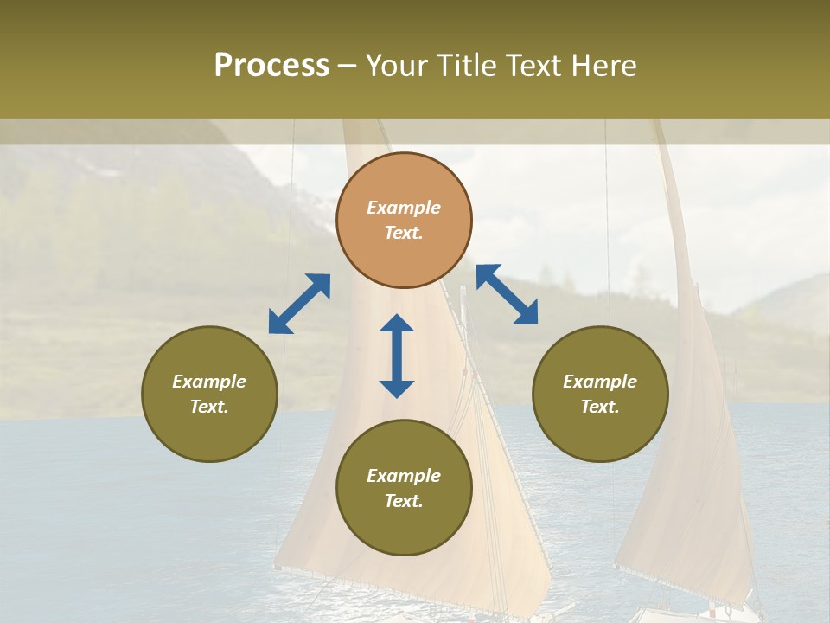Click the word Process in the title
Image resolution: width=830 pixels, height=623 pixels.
pyautogui.click(x=271, y=66)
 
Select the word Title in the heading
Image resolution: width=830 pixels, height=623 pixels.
pyautogui.click(x=464, y=66)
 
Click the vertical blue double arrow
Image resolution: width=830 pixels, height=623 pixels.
pyautogui.click(x=397, y=356)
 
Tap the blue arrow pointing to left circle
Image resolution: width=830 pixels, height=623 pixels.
pyautogui.click(x=299, y=304)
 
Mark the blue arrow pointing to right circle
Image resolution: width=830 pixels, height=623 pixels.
pyautogui.click(x=507, y=294)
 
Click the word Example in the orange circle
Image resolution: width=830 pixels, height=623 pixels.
pyautogui.click(x=404, y=208)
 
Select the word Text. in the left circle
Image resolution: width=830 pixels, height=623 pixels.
pyautogui.click(x=209, y=407)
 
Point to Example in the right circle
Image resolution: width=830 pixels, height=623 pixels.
pyautogui.click(x=600, y=382)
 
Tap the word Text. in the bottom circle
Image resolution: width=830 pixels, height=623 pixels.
pyautogui.click(x=404, y=501)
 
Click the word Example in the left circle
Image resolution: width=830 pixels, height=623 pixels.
pyautogui.click(x=209, y=382)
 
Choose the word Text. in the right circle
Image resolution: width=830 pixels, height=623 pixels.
pyautogui.click(x=600, y=407)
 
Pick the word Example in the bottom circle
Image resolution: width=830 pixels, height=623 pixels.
pyautogui.click(x=404, y=476)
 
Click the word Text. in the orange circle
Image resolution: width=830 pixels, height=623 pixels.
pyautogui.click(x=404, y=233)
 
